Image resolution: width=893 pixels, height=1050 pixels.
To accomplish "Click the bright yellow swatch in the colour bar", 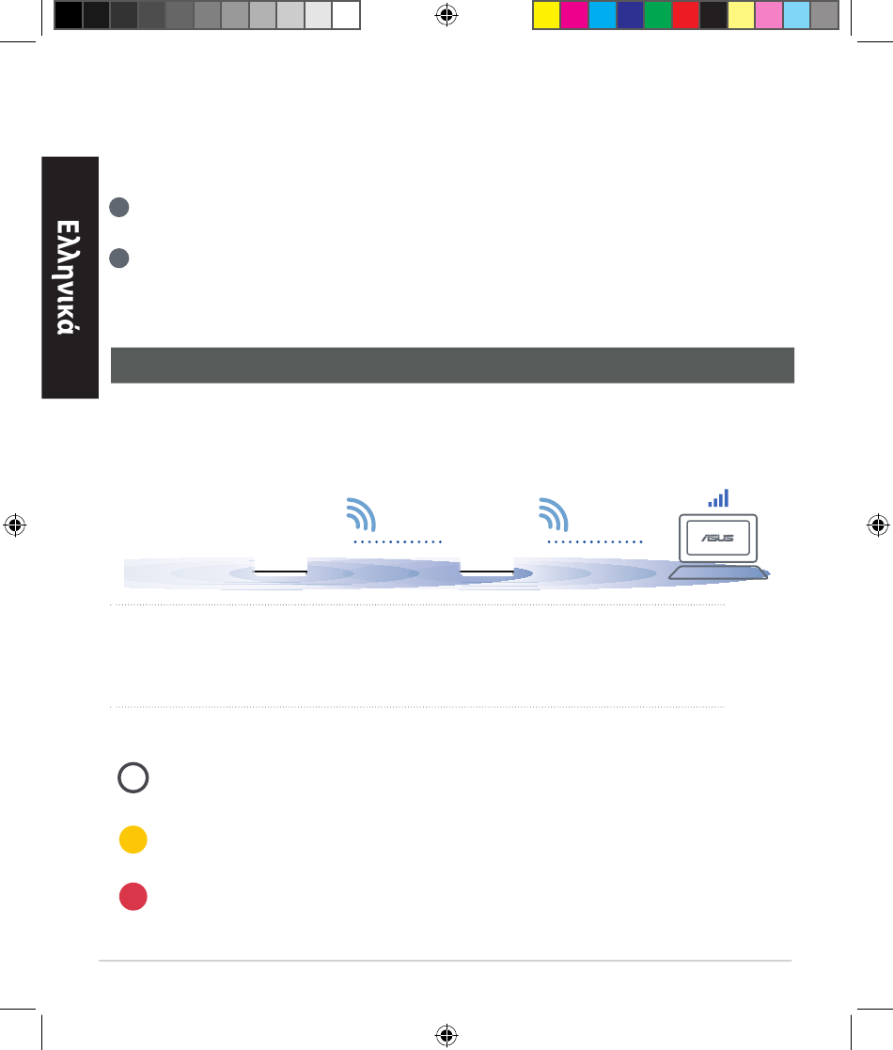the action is coord(546,15).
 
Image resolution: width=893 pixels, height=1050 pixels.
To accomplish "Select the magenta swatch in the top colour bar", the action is coord(574,15).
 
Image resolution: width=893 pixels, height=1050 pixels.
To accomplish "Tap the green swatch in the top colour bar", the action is coord(657,15).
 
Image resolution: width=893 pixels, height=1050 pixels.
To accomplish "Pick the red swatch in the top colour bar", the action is coord(685,15).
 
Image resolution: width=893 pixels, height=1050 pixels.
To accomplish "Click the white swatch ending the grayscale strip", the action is coord(346,15).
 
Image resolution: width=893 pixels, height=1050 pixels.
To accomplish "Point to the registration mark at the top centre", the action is coord(446,15).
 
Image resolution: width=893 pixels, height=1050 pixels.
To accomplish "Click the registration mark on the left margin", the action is coord(15,525).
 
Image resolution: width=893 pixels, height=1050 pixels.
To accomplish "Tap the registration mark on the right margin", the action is coord(878,525).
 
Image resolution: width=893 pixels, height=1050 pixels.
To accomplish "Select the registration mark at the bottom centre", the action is coord(446,1035).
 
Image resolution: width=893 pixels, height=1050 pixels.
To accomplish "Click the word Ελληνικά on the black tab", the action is coord(69,277).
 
